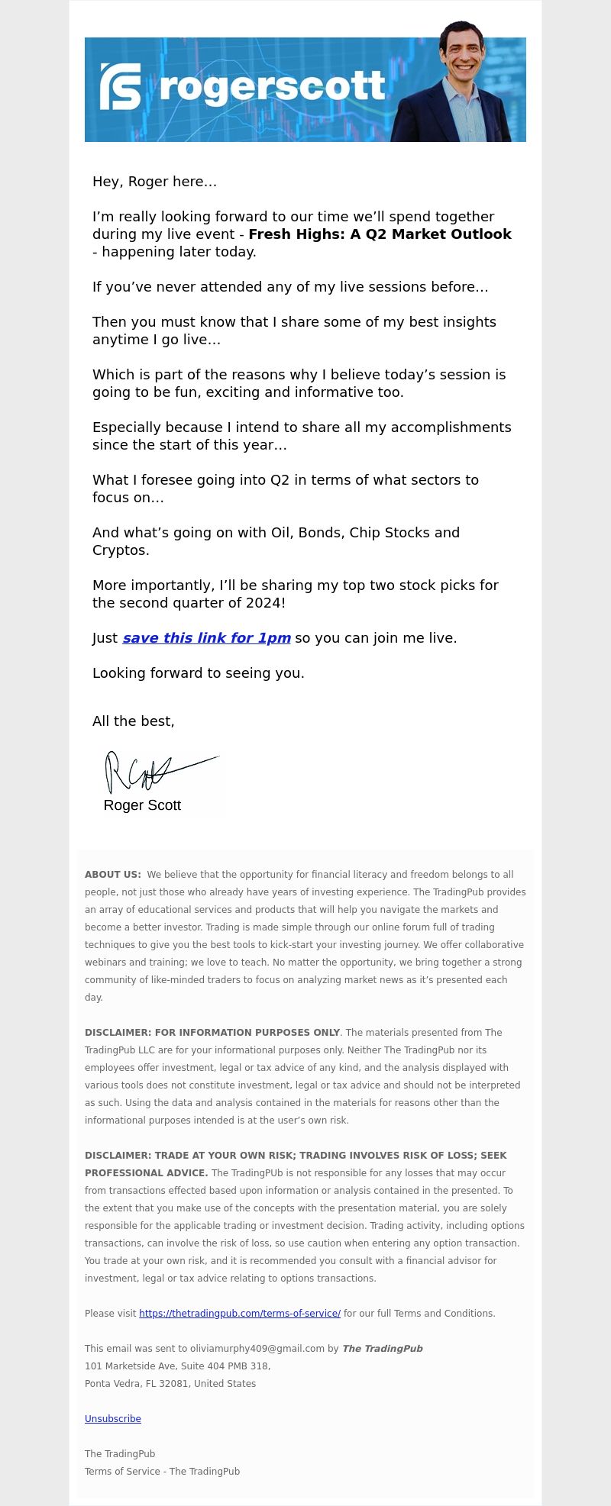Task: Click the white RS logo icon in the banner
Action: (121, 86)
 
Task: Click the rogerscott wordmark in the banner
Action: (272, 87)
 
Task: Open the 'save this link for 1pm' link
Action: (206, 638)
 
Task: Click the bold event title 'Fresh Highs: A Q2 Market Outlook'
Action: (380, 234)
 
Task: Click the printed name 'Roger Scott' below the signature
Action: (142, 805)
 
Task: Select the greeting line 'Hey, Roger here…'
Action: (154, 182)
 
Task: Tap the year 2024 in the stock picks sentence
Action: (263, 603)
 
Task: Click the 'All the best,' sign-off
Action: (133, 721)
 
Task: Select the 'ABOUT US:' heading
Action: (113, 875)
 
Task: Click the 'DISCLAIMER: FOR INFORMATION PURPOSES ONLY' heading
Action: (212, 1033)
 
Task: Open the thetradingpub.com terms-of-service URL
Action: (240, 1314)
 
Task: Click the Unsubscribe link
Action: (113, 1419)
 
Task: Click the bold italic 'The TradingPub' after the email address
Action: (382, 1349)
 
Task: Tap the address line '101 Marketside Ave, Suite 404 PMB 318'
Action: (177, 1366)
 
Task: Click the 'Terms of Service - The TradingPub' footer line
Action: (162, 1472)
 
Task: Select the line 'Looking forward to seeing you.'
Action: (199, 673)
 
